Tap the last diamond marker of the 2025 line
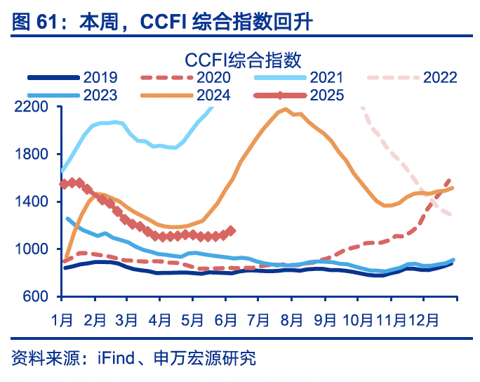coord(232,230)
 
